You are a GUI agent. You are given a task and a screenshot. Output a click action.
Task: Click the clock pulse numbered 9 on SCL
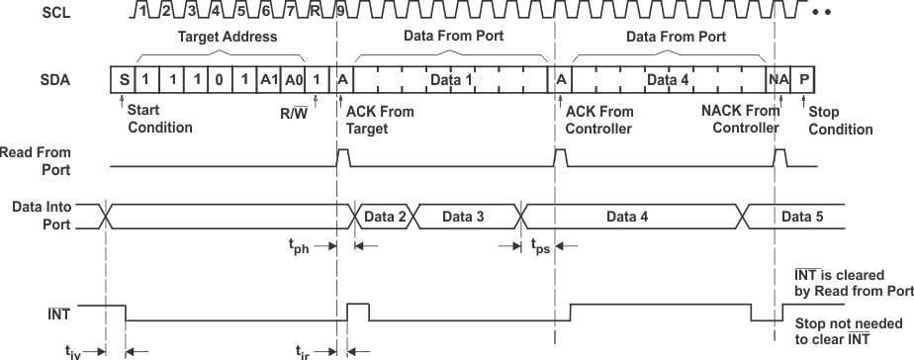pos(340,11)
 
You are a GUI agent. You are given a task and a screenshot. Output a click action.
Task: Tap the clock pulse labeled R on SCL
pos(315,11)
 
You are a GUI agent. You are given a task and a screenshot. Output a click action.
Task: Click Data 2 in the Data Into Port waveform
pos(385,216)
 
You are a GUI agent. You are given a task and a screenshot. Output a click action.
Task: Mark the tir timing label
pos(310,350)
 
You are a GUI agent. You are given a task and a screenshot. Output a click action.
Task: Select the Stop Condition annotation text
pos(841,121)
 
